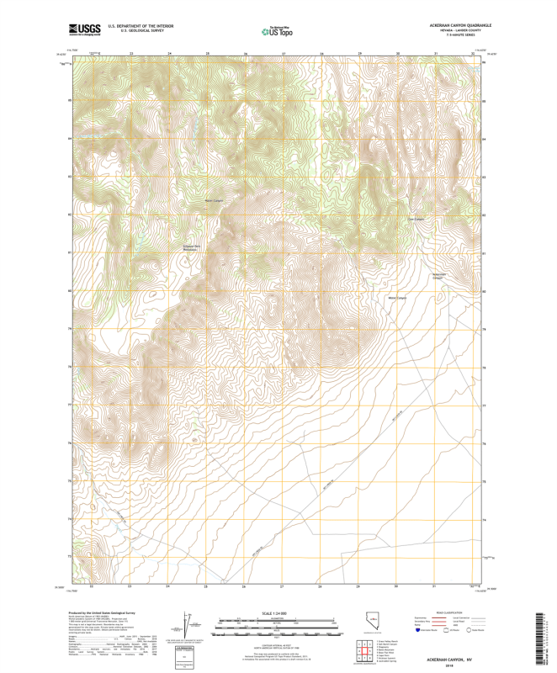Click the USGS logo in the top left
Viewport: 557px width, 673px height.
tap(85, 30)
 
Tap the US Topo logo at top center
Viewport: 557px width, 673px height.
tap(278, 32)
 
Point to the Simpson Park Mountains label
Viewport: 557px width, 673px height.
tap(194, 247)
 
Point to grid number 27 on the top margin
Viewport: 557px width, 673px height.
tap(284, 54)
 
